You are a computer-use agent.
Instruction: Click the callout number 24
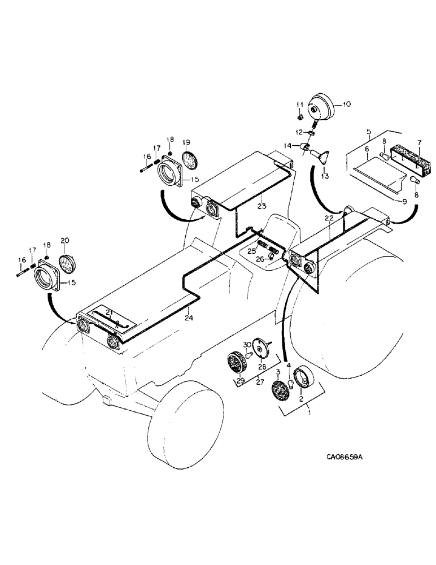(x=189, y=318)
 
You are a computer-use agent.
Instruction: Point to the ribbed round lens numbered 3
(x=280, y=390)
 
